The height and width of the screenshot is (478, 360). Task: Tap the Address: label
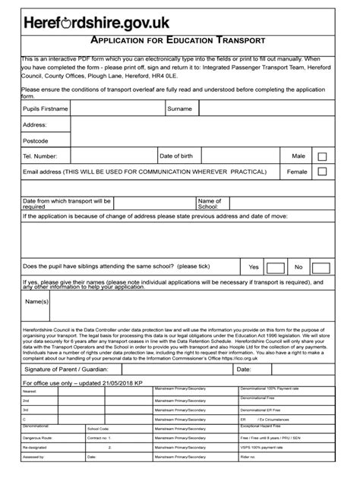click(x=35, y=124)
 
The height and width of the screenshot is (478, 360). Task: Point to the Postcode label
click(x=36, y=140)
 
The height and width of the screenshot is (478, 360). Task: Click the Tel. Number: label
click(x=40, y=156)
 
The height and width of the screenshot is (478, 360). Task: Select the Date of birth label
click(x=179, y=156)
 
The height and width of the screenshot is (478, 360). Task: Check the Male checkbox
click(x=322, y=156)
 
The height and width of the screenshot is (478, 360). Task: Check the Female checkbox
click(x=322, y=172)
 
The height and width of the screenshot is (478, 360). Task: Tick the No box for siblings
click(x=321, y=268)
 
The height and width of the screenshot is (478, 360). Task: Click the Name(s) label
click(x=36, y=301)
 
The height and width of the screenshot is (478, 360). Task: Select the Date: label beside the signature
click(x=244, y=370)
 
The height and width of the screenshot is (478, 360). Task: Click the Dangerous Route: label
click(x=39, y=438)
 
